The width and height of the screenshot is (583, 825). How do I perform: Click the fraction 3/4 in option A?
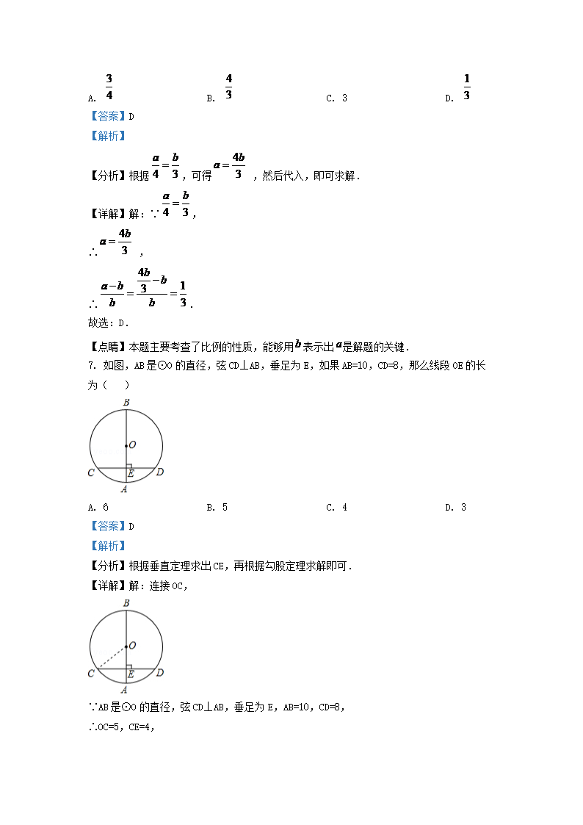(109, 87)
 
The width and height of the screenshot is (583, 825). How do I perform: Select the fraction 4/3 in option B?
(228, 87)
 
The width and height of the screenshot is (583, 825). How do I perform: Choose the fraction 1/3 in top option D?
(467, 87)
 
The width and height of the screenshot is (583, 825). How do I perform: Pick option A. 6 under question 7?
(98, 508)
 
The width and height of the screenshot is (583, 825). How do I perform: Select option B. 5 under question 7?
(217, 508)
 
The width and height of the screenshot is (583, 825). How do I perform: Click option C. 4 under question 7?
(337, 508)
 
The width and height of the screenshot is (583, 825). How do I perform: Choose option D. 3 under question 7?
(456, 508)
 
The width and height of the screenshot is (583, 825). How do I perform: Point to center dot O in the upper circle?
(126, 445)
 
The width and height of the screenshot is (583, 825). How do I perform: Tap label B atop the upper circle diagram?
(126, 403)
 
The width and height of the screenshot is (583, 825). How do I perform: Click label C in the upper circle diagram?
(91, 472)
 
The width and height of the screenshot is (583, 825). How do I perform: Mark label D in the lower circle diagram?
(160, 672)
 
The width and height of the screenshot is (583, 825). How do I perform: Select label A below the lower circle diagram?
(124, 689)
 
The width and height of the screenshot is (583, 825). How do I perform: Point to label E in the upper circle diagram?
(131, 475)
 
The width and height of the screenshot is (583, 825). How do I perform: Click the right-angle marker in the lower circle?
(129, 666)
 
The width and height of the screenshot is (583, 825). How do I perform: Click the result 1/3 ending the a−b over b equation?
(183, 295)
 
